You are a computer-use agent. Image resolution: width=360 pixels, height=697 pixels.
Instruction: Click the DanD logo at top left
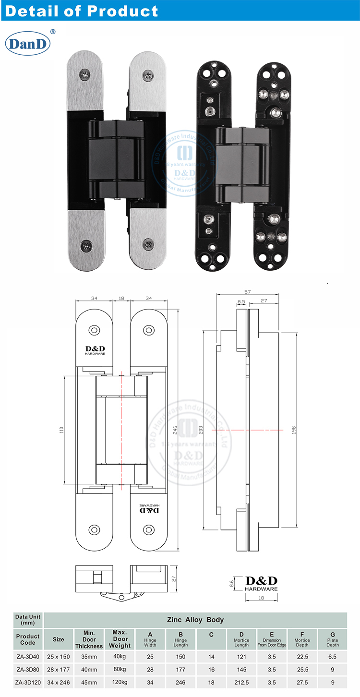pos(28,44)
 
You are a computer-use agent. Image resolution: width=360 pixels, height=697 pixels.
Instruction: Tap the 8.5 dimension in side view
pos(241,302)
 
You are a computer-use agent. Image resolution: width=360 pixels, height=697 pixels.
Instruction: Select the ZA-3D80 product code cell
pos(28,669)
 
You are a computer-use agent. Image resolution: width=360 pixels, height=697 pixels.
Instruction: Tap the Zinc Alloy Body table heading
pos(195,619)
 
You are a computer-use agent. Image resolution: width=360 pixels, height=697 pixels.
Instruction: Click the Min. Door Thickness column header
pos(89,639)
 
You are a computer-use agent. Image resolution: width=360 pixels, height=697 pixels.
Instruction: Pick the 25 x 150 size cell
pos(59,656)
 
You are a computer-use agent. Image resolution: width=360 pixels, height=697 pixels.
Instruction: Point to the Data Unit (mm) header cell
pos(28,619)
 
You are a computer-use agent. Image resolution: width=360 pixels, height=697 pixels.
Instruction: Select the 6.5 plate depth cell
pos(333,656)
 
